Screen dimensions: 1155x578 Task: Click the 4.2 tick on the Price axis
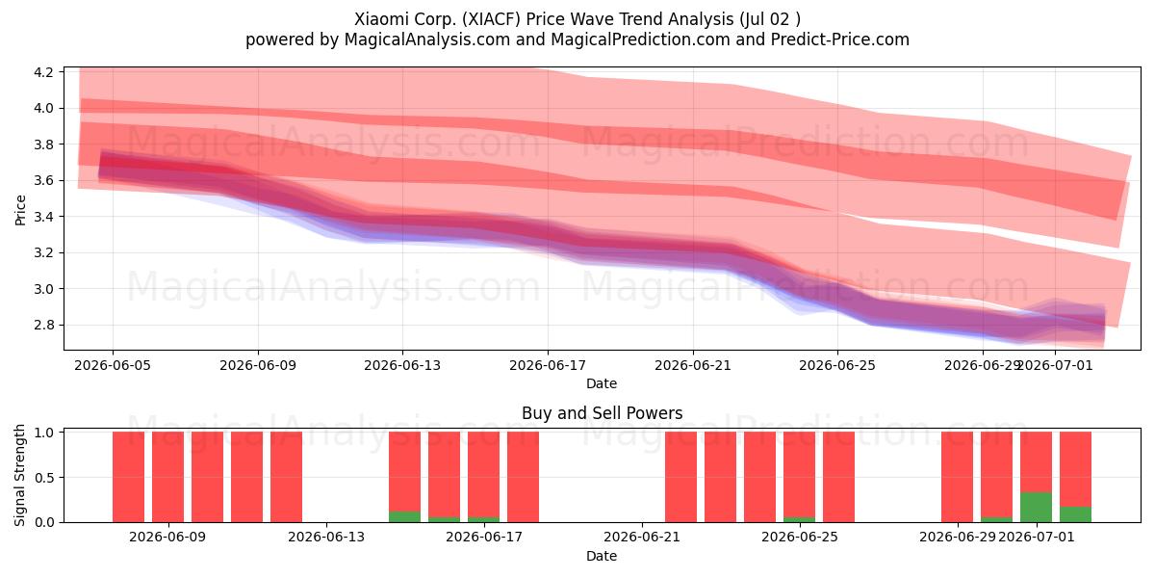(x=43, y=71)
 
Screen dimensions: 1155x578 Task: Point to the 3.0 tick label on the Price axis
(x=43, y=289)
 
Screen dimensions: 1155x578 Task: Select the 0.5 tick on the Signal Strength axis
(x=43, y=478)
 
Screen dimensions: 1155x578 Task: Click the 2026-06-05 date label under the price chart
(x=113, y=365)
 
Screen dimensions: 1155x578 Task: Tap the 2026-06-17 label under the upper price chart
(x=548, y=365)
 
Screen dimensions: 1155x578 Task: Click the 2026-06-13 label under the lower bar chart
(x=326, y=537)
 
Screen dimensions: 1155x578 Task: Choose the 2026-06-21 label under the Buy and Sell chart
(x=642, y=537)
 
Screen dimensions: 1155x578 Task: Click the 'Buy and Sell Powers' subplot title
(x=603, y=413)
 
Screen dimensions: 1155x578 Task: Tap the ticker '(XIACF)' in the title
(x=491, y=19)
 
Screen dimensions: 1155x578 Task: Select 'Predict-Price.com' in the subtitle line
(x=840, y=39)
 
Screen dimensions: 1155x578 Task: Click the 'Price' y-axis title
(x=20, y=210)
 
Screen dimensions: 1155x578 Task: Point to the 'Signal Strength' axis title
(x=19, y=475)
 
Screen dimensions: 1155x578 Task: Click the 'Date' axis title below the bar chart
(x=602, y=556)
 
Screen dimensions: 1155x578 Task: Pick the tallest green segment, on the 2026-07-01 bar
(x=1036, y=508)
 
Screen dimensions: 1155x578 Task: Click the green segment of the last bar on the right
(x=1076, y=514)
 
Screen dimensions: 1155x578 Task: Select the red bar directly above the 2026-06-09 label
(x=168, y=477)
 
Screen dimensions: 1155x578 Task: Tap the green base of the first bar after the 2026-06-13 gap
(x=405, y=516)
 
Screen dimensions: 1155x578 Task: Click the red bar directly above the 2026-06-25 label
(x=799, y=474)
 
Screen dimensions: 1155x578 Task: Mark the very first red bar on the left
(x=128, y=477)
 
